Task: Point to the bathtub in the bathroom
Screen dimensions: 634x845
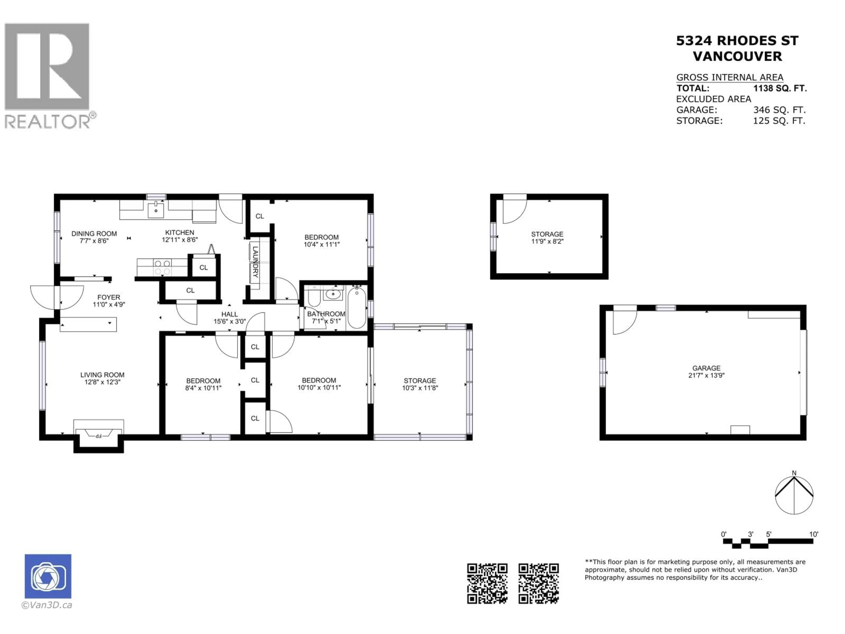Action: tap(357, 308)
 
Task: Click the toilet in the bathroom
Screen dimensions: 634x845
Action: tap(314, 296)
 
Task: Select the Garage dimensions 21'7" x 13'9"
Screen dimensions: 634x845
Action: tap(706, 375)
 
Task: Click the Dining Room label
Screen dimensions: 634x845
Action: tap(94, 237)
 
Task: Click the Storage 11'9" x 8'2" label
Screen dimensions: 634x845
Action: tap(547, 237)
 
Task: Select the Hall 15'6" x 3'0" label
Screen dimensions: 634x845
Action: tap(229, 318)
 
